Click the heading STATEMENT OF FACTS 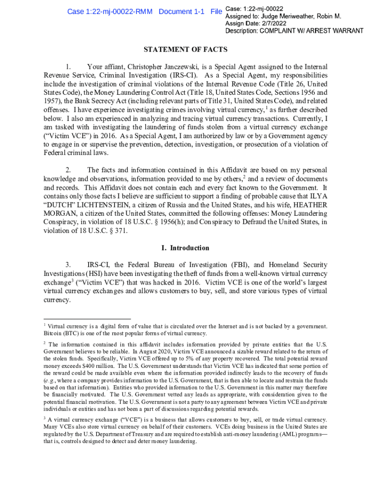tap(185, 50)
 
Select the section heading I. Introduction tap(185, 248)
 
